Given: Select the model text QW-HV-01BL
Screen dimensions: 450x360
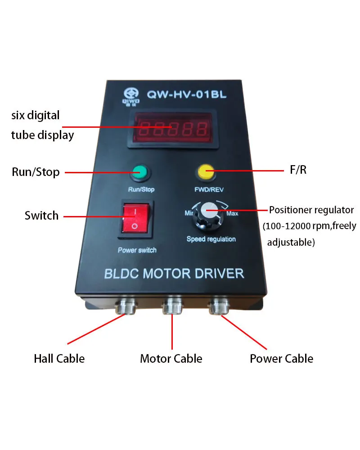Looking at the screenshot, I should pos(186,95).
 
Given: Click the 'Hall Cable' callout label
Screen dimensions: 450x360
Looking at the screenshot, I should pos(59,359).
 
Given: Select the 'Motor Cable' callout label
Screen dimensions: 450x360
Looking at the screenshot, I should pos(171,359).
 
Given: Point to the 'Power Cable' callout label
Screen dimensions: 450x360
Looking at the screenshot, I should pos(281,359).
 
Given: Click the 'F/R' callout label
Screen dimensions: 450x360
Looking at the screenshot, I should pos(297,171).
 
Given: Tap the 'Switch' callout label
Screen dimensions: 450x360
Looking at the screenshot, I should pos(41,216).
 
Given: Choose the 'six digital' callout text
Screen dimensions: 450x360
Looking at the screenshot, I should pos(35,115).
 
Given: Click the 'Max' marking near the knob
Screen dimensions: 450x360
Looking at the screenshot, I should pos(232,213).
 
